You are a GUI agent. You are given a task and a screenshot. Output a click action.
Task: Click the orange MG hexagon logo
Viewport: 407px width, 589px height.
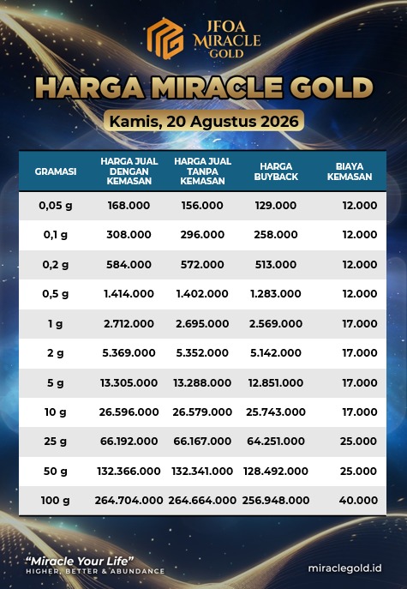coord(165,39)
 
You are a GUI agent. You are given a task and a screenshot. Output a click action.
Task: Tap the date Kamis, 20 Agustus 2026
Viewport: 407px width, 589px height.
coord(204,122)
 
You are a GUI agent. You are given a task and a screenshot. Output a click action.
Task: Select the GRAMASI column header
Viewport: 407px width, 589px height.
coord(56,171)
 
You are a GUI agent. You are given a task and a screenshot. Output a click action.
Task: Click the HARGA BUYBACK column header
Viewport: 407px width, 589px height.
coord(276,171)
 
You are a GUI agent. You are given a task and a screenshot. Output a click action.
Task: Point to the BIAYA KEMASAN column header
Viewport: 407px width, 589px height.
coord(350,171)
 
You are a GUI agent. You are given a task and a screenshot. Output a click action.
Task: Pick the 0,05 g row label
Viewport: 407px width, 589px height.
coord(56,206)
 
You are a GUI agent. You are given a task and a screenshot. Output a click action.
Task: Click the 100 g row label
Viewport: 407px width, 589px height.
coord(56,501)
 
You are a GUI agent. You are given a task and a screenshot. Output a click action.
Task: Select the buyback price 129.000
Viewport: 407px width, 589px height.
coord(276,206)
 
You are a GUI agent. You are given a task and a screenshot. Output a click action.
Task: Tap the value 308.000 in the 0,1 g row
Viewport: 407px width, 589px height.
coord(129,235)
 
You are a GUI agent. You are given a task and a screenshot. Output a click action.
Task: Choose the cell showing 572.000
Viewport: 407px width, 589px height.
coord(202,264)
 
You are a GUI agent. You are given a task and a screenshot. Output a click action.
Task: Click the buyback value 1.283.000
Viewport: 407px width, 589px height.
coord(276,294)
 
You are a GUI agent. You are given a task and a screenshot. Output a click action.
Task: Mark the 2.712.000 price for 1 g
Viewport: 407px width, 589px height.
coord(129,324)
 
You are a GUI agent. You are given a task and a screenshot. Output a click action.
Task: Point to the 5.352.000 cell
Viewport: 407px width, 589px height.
coord(202,353)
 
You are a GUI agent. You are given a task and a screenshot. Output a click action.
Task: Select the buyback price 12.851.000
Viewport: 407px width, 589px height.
coord(276,382)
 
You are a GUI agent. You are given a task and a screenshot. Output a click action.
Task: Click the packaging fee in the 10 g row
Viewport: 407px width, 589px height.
coord(360,412)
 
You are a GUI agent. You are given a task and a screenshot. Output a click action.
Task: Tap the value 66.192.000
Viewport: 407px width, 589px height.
coord(129,442)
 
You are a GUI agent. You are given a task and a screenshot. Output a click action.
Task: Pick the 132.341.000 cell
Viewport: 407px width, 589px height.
coord(202,471)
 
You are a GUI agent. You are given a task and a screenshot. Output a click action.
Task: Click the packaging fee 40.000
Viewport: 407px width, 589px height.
coord(358,501)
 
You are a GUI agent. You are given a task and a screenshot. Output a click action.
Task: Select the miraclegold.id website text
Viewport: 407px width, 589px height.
coord(345,568)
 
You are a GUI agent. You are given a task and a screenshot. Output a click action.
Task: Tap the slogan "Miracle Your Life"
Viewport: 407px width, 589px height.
coord(80,562)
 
